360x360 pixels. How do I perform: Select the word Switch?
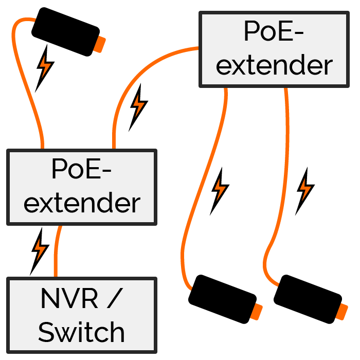(81, 332)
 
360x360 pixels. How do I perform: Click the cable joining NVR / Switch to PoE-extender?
(57, 252)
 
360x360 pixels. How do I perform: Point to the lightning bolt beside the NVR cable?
(40, 249)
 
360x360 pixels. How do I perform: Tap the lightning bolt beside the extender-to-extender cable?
(138, 105)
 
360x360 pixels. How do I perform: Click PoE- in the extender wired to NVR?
(81, 170)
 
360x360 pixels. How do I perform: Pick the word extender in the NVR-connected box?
(81, 203)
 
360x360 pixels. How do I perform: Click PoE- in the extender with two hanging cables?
(273, 32)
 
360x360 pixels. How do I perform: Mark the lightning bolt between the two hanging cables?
(220, 189)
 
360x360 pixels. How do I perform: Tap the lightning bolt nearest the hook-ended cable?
(305, 189)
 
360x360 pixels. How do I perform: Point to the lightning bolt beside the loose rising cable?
(45, 66)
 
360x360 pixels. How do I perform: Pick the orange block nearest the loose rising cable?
(99, 44)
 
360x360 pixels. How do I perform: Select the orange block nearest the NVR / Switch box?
(256, 312)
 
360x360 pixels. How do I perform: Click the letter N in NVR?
(48, 299)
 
